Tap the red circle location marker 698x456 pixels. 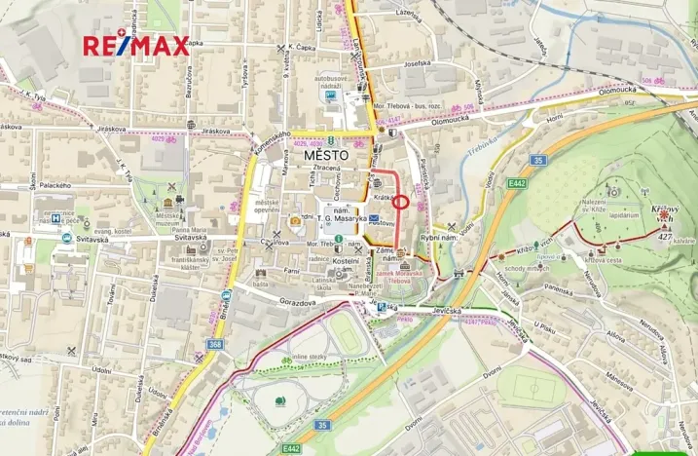click(400, 202)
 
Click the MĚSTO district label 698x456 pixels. click(323, 155)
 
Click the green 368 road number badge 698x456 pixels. click(214, 344)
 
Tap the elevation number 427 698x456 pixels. click(665, 236)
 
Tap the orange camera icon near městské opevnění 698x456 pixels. click(294, 220)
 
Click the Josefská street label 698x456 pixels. click(417, 63)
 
